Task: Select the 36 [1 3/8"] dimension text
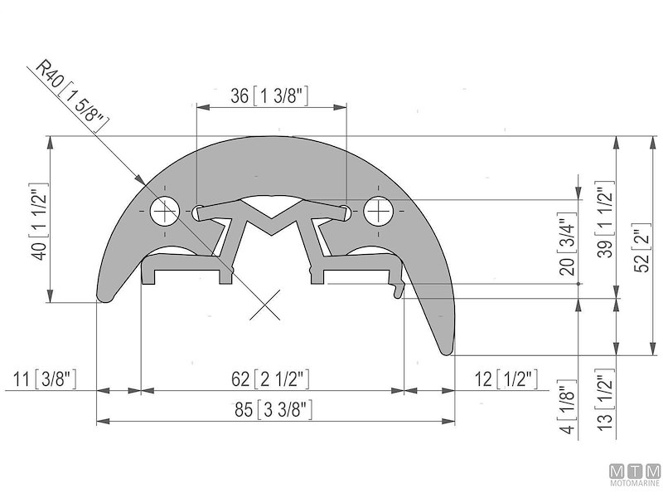pos(269,96)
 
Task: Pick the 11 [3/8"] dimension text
pos(46,380)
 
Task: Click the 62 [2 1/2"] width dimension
pos(270,380)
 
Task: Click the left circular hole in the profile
pos(166,211)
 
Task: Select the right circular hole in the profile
pos(379,211)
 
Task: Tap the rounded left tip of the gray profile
pos(104,294)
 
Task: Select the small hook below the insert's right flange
pos(399,290)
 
